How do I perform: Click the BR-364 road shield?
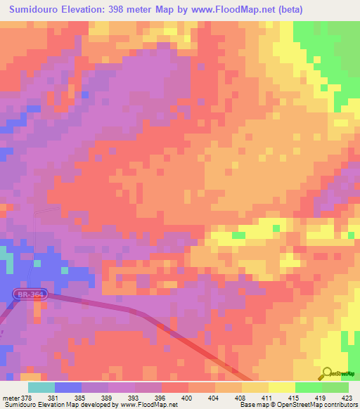[x=27, y=296]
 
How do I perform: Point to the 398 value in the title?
[x=127, y=9]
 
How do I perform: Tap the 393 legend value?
[x=136, y=397]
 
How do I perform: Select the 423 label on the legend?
[x=347, y=397]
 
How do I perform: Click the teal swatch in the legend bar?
[x=41, y=387]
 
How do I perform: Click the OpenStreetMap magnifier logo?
[x=328, y=372]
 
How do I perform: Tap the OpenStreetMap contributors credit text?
[x=321, y=405]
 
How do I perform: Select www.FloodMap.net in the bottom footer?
[x=148, y=405]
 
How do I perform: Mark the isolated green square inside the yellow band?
[x=239, y=235]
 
